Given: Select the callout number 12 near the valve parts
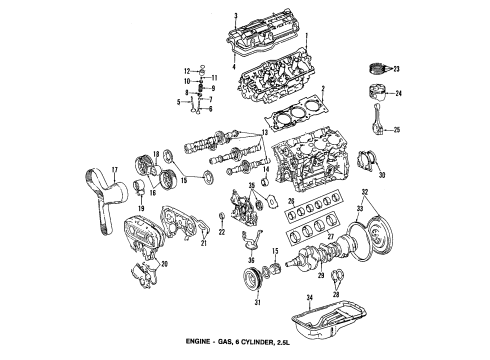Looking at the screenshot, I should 188,70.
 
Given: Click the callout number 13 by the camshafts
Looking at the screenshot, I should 264,133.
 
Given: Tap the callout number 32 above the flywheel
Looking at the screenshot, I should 365,191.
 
